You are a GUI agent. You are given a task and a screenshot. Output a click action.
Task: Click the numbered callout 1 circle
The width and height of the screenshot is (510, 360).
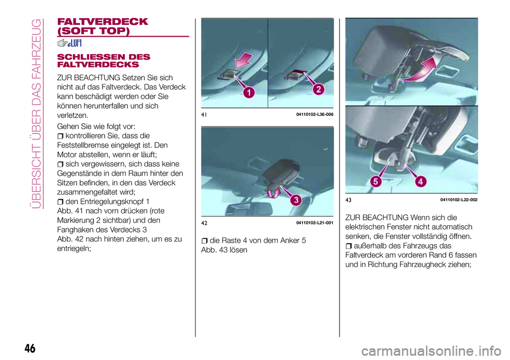249,93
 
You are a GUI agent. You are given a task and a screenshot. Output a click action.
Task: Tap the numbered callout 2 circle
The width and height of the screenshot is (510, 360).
318,89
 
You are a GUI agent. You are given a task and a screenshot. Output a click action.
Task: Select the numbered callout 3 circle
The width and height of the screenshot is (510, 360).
296,200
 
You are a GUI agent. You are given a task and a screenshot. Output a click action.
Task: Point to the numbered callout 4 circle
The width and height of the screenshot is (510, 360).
421,181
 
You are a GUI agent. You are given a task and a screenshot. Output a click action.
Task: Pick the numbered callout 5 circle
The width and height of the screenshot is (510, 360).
376,181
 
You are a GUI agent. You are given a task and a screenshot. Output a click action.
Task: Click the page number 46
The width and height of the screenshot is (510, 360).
30,348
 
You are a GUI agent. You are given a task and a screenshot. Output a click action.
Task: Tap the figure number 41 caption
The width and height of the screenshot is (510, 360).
204,115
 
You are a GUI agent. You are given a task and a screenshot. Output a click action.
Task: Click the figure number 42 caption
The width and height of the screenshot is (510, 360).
204,223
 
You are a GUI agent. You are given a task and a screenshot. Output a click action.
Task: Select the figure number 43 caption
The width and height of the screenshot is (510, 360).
348,200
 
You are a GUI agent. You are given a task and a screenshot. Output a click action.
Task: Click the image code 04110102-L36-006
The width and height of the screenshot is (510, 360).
315,115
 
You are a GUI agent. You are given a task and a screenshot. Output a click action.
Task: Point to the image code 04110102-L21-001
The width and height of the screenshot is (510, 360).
315,223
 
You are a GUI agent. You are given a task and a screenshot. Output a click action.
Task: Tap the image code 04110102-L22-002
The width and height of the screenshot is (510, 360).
459,200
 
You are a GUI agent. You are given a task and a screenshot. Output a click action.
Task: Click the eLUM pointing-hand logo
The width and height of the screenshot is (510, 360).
69,43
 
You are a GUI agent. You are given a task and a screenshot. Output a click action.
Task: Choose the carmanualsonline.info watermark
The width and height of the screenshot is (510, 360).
431,351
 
